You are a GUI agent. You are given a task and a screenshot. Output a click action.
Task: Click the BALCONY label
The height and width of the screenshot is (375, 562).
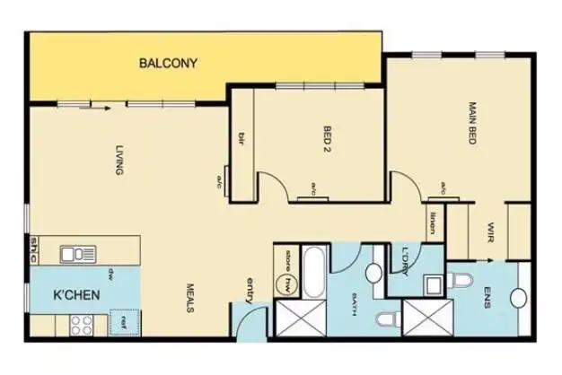pyautogui.click(x=168, y=64)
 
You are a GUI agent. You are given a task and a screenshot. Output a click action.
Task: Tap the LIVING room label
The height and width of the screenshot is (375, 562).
pyautogui.click(x=119, y=160)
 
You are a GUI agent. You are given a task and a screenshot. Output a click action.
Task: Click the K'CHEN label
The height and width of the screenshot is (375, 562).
pyautogui.click(x=76, y=294)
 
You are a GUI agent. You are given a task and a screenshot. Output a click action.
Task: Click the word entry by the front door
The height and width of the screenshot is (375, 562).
pyautogui.click(x=250, y=291)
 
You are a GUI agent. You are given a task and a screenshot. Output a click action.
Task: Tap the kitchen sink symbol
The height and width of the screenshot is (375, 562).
pyautogui.click(x=78, y=254)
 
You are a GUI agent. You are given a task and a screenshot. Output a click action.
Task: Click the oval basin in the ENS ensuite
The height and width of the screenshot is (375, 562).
pyautogui.click(x=519, y=299)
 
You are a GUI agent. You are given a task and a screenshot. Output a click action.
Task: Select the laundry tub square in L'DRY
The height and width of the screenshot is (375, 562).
pyautogui.click(x=432, y=285)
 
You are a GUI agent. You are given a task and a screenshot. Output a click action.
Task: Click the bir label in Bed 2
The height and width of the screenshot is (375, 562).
pyautogui.click(x=241, y=138)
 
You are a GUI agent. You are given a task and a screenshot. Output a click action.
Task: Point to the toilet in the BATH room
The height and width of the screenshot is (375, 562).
pyautogui.click(x=384, y=320)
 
